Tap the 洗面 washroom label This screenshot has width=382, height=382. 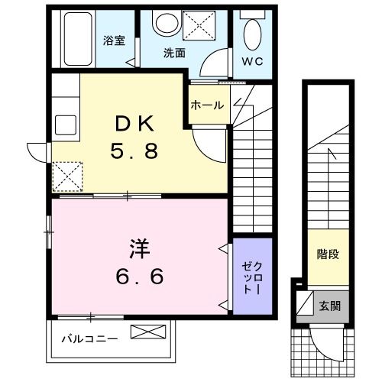click(x=174, y=53)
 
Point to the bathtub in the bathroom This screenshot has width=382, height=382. click(x=76, y=38)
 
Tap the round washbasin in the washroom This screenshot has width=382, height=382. click(x=164, y=24)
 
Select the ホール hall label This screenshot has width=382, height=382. click(x=207, y=105)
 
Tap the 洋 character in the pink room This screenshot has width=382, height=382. click(x=138, y=248)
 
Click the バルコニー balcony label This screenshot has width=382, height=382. click(x=89, y=338)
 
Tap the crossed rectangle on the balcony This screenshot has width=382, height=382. click(x=148, y=333)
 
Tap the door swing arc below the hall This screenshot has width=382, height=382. click(x=206, y=141)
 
